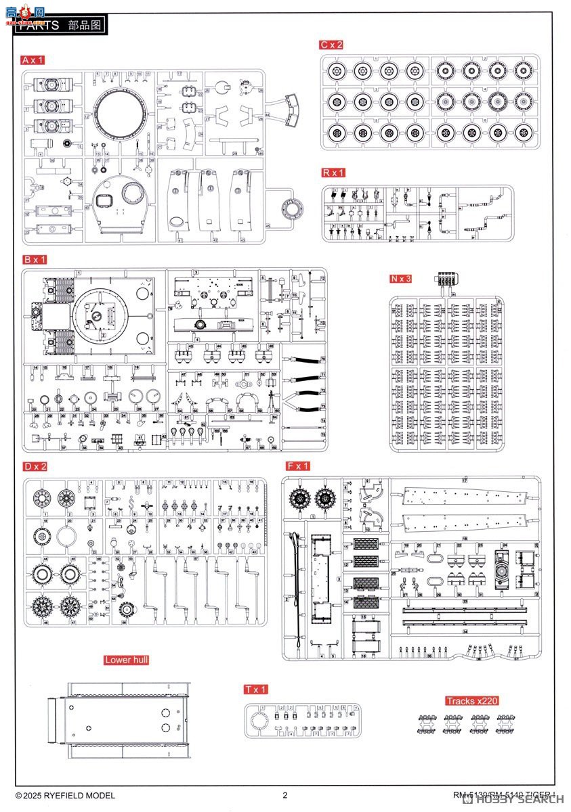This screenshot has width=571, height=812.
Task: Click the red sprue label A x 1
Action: (33, 60)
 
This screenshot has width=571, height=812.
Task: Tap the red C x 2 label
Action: (332, 45)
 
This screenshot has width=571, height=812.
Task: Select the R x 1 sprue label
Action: (334, 173)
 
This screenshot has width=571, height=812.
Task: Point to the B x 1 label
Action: (35, 259)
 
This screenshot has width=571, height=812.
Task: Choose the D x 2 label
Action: (35, 466)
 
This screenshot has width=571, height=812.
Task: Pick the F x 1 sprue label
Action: (298, 466)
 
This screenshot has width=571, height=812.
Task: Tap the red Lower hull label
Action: (127, 660)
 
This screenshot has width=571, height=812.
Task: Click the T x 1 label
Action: (257, 690)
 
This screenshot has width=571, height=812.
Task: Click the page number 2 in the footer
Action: (285, 796)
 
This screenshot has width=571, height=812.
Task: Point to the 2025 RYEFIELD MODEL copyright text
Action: (65, 796)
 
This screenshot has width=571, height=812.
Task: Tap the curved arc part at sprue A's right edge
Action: (293, 111)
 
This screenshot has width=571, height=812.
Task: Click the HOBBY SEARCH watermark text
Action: (522, 799)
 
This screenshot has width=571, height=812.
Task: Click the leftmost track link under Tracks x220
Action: (427, 723)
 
